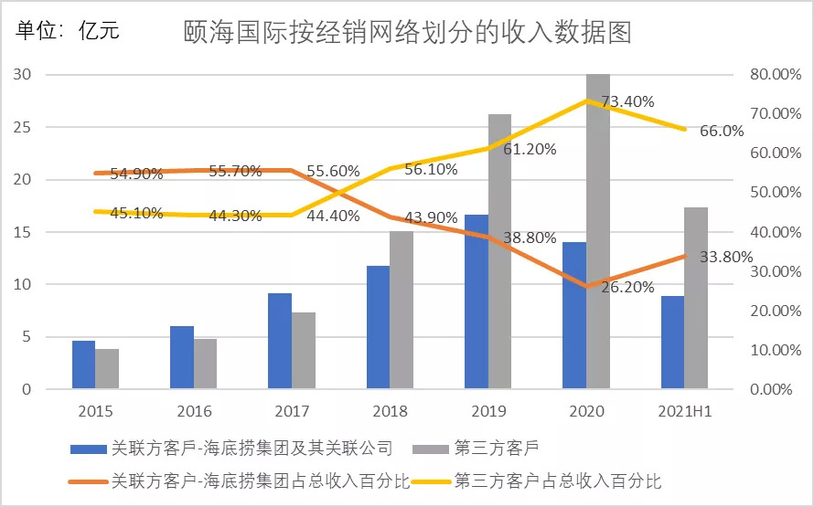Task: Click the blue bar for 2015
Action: [84, 365]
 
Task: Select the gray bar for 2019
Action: [499, 252]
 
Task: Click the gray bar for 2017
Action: [304, 351]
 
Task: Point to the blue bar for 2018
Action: [378, 327]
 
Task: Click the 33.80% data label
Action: [725, 257]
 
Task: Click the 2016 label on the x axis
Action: [194, 411]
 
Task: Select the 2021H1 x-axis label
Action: [685, 411]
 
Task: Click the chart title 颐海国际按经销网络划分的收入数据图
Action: [408, 34]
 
